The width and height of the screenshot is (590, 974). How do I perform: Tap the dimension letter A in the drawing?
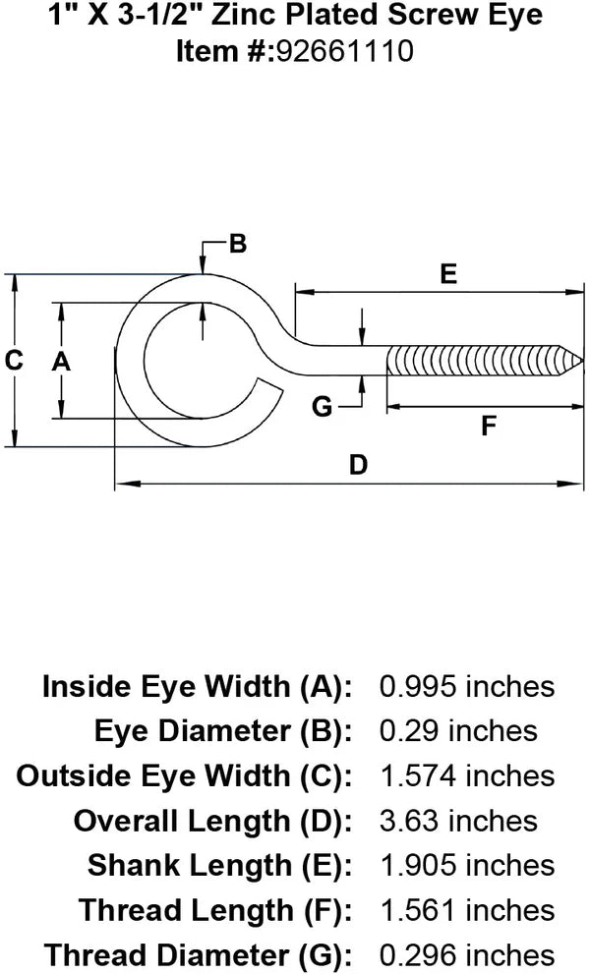61,362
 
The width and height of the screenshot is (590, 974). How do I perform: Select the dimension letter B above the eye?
237,244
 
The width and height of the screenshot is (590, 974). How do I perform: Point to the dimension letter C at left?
14,361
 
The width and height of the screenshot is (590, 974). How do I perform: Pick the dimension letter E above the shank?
448,274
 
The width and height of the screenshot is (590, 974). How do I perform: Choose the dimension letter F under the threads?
488,427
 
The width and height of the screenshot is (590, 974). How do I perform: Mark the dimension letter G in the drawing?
322,405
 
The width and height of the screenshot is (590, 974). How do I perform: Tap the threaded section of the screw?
472,361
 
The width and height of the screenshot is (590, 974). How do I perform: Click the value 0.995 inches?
466,686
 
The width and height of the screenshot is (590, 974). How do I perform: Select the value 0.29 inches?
458,730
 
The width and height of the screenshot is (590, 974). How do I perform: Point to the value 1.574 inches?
466,775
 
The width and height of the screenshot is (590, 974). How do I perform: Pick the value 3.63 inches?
458,820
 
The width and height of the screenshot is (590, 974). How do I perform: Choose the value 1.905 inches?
466,865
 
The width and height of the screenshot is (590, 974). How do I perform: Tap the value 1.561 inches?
466,909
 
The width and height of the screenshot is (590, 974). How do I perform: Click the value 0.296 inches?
466,954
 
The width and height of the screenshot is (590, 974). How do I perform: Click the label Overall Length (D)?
212,820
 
